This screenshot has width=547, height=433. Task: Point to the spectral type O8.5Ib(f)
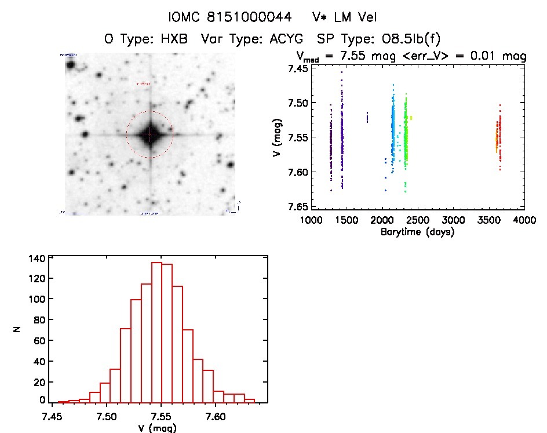coord(410,39)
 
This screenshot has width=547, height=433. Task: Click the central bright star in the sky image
coord(149,134)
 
